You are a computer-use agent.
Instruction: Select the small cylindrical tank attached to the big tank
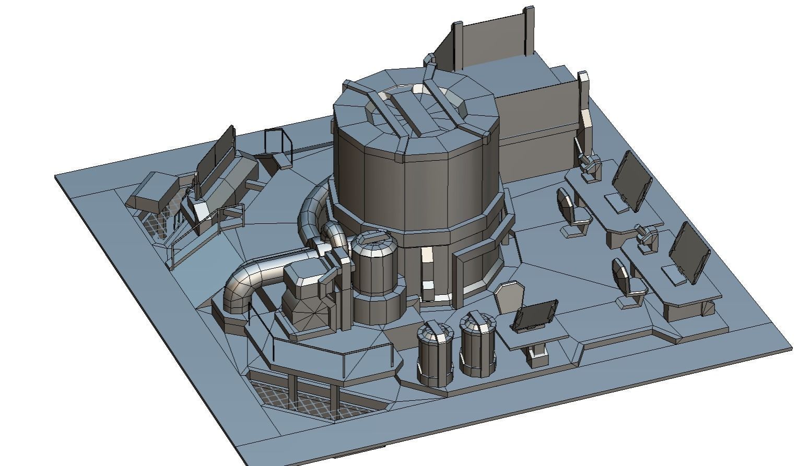click(x=373, y=266)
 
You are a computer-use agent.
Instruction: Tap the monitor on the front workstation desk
click(x=690, y=253)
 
